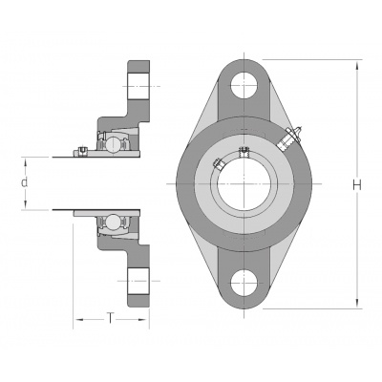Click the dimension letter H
tap(358, 184)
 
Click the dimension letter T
tap(110, 318)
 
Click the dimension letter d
tap(24, 182)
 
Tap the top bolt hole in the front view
tap(244, 86)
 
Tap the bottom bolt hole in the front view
tap(244, 283)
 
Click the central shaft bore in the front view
tap(244, 184)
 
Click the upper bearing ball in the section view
tap(113, 143)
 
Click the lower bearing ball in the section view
tap(113, 221)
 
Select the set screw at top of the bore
tap(244, 151)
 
